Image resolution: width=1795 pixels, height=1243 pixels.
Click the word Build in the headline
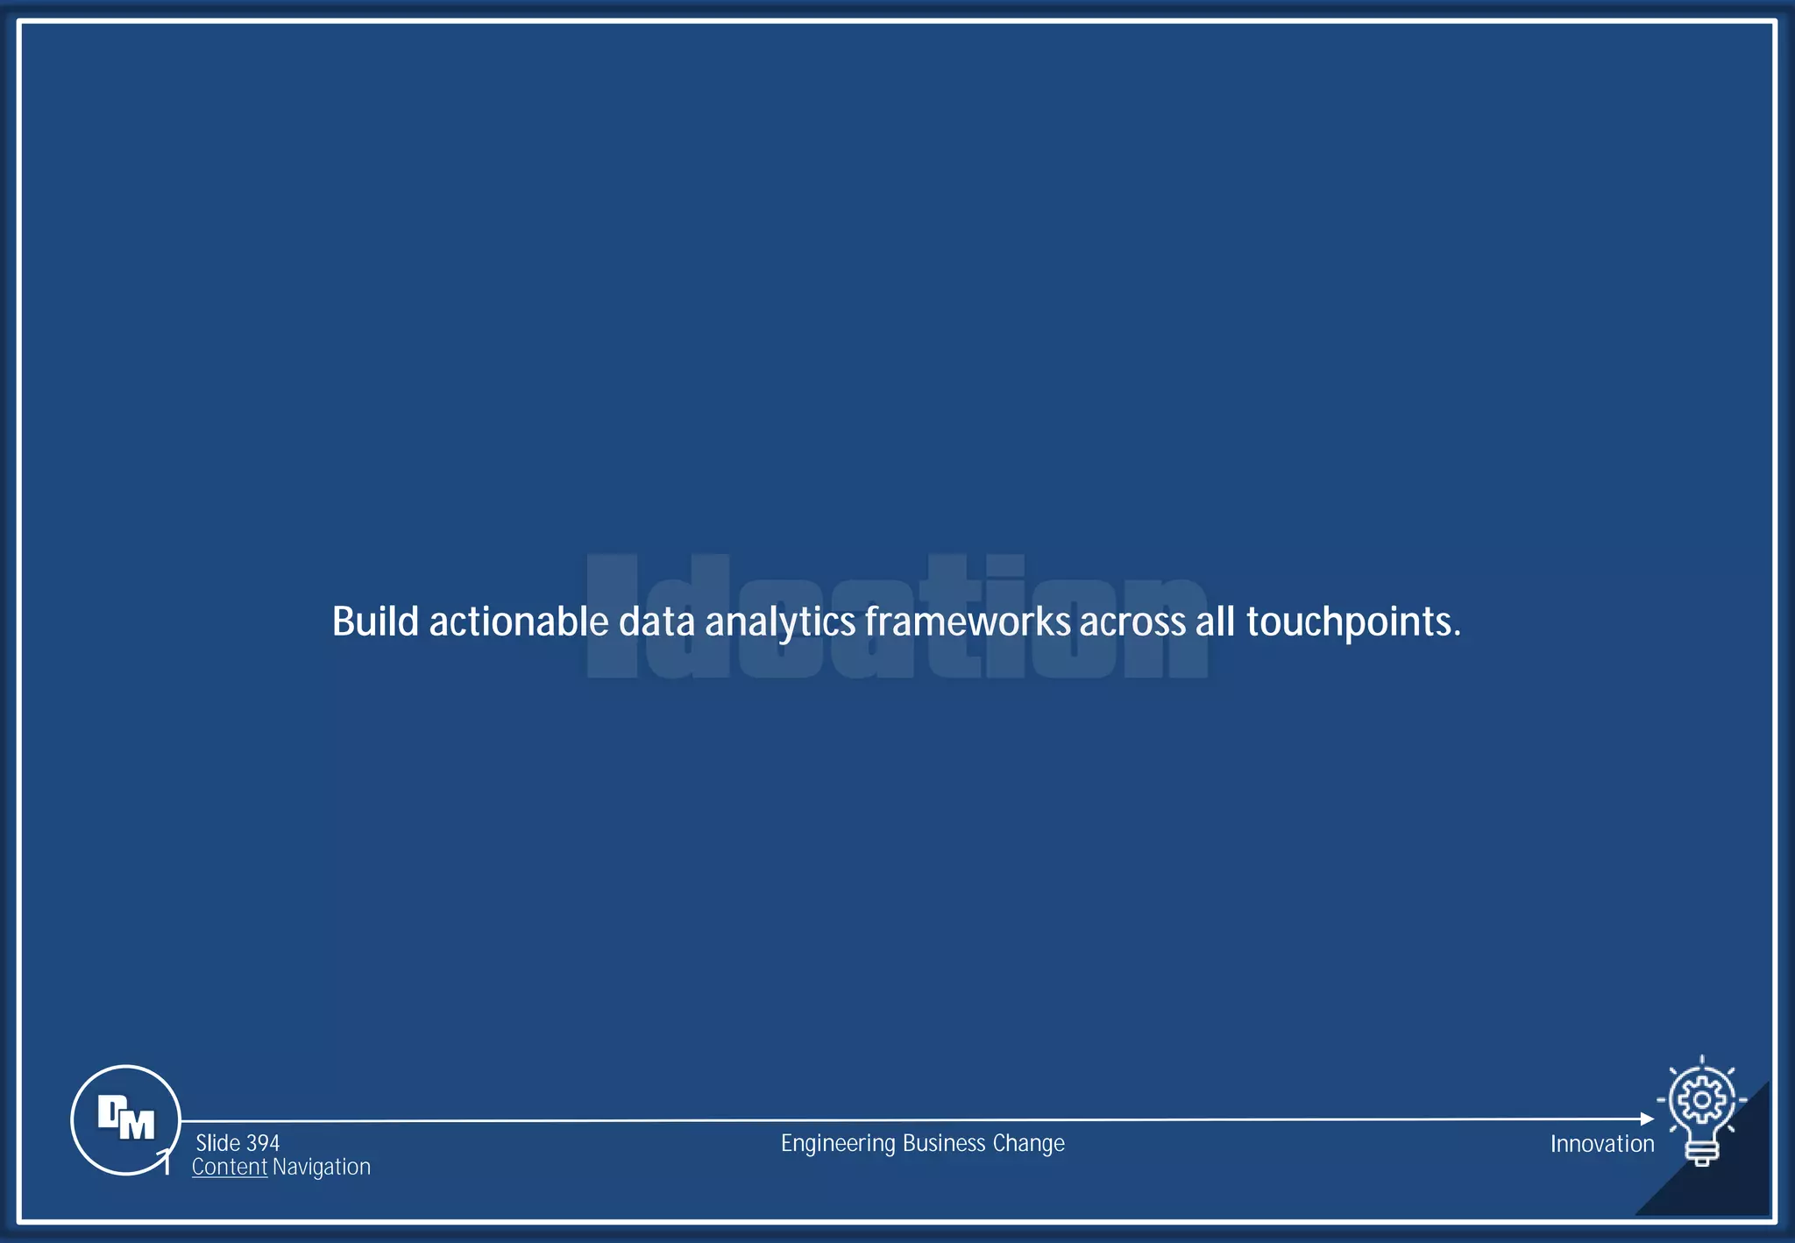375,621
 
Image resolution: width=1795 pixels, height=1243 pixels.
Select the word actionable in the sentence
518,621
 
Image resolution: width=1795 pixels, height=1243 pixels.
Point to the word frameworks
968,621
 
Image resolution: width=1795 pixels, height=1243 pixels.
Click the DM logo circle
125,1119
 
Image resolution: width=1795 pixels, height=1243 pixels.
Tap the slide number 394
263,1143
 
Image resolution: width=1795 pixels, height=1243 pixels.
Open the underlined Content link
230,1167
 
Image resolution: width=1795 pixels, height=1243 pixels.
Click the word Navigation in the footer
322,1167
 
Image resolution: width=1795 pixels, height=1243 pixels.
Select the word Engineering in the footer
838,1144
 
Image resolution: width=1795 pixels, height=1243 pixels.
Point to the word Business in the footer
944,1143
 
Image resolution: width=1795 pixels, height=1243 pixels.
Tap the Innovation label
1601,1144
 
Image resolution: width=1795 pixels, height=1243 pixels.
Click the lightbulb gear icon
1701,1110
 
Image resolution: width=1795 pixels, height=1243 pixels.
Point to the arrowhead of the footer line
1647,1119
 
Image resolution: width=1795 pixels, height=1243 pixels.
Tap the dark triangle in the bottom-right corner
1731,1183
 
